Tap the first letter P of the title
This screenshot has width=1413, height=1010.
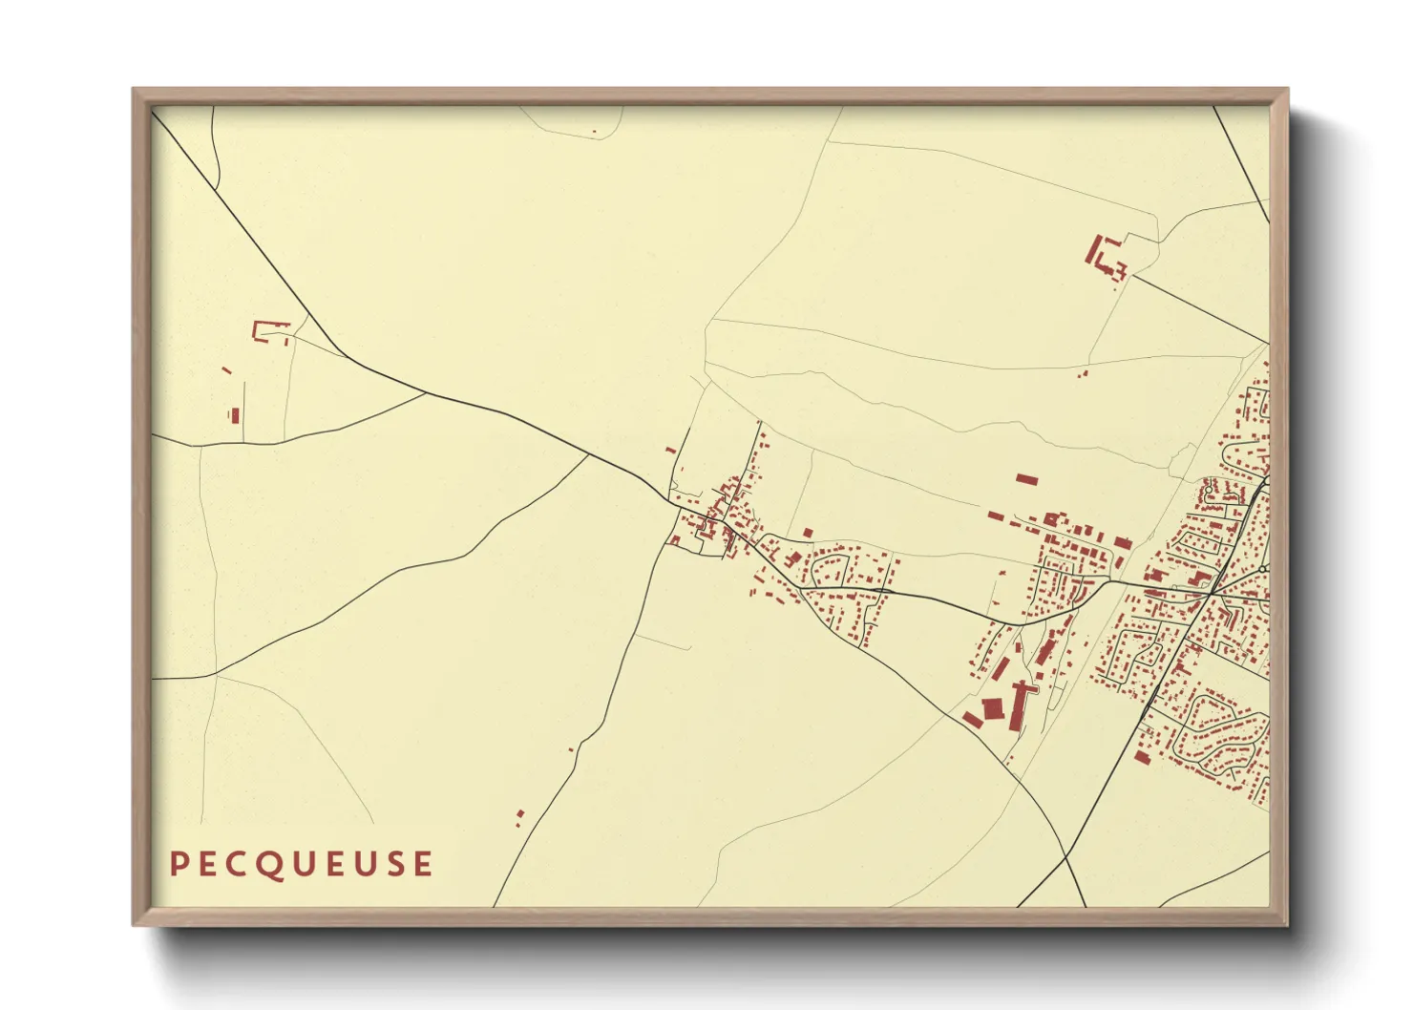pyautogui.click(x=177, y=864)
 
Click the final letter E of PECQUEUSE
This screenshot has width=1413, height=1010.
pyautogui.click(x=422, y=864)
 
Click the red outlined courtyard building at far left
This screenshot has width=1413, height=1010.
pyautogui.click(x=270, y=332)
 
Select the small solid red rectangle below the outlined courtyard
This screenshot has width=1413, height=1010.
pyautogui.click(x=234, y=414)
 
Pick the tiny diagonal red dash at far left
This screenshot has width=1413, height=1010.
pyautogui.click(x=226, y=370)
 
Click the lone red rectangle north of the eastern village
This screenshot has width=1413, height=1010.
pyautogui.click(x=1025, y=478)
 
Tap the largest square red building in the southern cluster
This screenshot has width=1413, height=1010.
pyautogui.click(x=993, y=707)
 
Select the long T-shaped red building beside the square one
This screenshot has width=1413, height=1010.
pyautogui.click(x=1020, y=703)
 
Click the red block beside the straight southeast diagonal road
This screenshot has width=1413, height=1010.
pyautogui.click(x=1142, y=758)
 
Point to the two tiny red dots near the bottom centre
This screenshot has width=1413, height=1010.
pyautogui.click(x=519, y=816)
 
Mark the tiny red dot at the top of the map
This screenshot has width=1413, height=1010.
pyautogui.click(x=594, y=132)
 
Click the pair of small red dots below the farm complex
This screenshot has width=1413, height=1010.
pyautogui.click(x=1083, y=374)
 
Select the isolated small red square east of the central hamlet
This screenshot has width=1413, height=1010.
pyautogui.click(x=808, y=533)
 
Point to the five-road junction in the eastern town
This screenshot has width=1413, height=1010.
pyautogui.click(x=1211, y=593)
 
